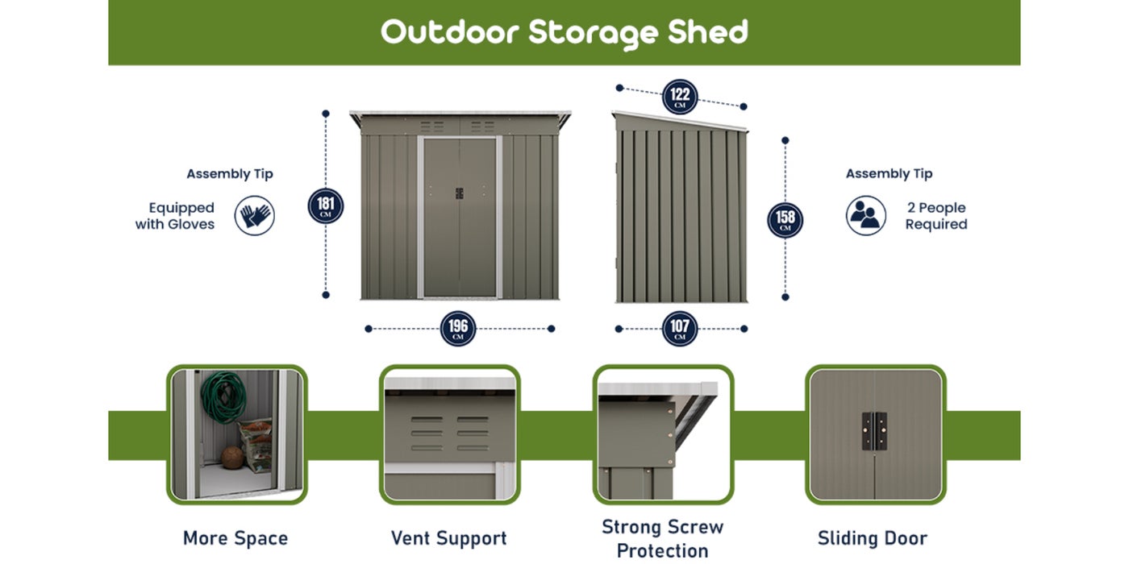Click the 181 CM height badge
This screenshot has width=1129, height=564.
point(326,205)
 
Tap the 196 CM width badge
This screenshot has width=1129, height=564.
point(458,329)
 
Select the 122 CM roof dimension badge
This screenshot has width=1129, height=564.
point(680,97)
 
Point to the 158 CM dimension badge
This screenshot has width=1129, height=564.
point(785,220)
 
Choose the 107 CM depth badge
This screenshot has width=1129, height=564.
point(680,329)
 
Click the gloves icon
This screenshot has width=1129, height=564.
point(255,216)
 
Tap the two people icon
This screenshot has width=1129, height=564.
point(866,216)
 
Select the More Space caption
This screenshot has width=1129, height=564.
point(235,538)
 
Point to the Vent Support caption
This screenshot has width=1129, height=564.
point(448,538)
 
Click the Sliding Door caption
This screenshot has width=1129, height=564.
point(873,538)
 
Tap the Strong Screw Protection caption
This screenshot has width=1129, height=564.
point(663,539)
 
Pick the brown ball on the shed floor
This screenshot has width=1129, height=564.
point(232,458)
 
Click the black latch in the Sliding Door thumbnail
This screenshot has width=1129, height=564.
point(874,431)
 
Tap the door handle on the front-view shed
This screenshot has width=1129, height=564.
point(459,193)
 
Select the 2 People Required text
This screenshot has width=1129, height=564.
point(936,216)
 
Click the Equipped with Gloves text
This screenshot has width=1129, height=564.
point(175,216)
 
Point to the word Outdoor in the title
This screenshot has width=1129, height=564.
point(450,32)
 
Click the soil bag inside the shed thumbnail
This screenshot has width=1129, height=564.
point(256,446)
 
